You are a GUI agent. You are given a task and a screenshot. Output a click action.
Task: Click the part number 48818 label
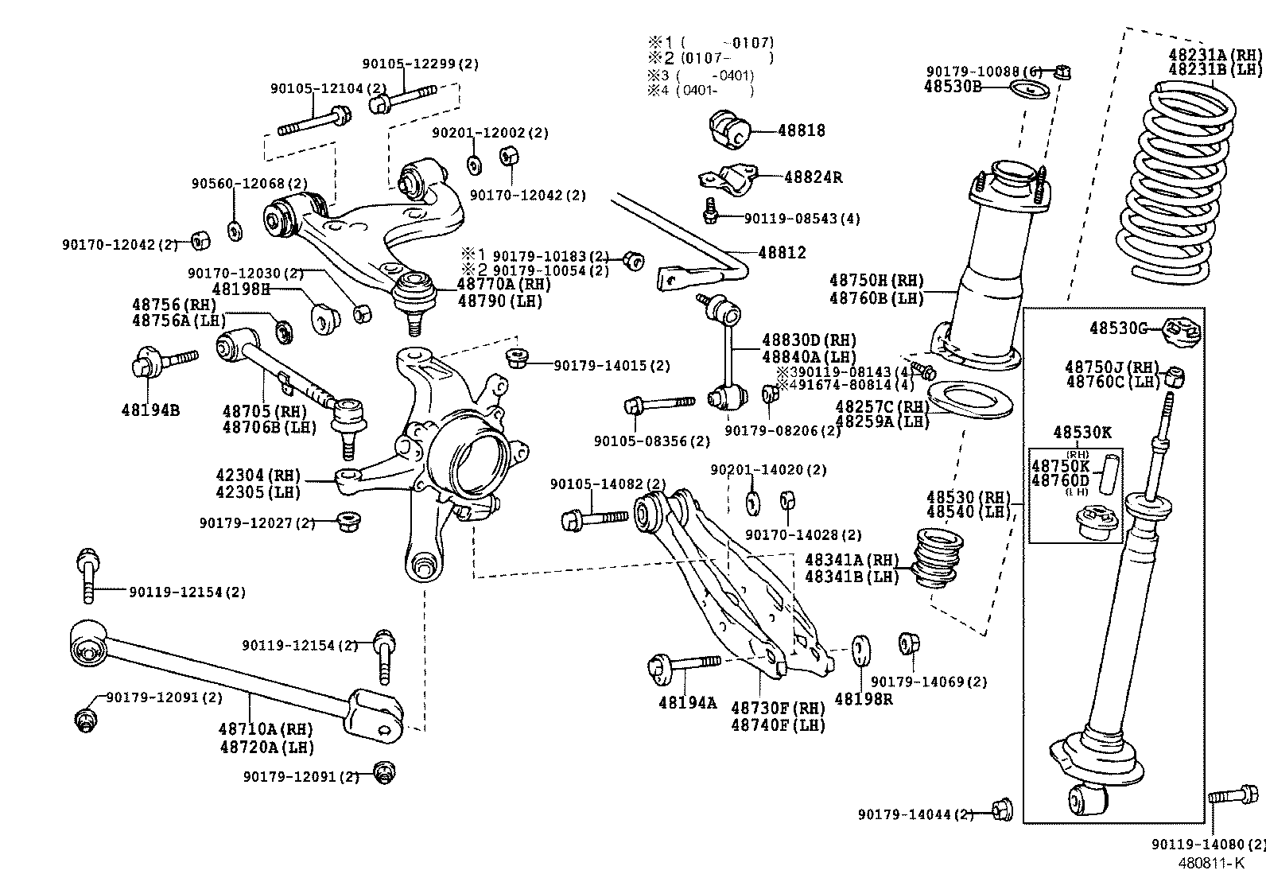802,130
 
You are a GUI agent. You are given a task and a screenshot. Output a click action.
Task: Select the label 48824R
813,177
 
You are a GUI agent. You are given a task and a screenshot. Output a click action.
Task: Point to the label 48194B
150,410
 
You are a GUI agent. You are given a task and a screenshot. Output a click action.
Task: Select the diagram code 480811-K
1210,863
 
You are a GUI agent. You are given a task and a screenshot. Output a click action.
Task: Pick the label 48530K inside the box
1082,433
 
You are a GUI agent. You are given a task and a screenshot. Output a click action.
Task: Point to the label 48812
782,253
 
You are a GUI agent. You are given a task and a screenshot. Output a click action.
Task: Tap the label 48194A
688,703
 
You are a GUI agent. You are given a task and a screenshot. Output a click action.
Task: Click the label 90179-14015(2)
612,366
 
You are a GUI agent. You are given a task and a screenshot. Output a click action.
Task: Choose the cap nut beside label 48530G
1180,330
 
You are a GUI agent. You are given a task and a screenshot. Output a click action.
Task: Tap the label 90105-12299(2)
421,64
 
